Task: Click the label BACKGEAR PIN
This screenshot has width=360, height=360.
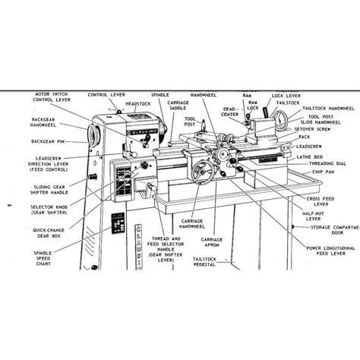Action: pos(44,142)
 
